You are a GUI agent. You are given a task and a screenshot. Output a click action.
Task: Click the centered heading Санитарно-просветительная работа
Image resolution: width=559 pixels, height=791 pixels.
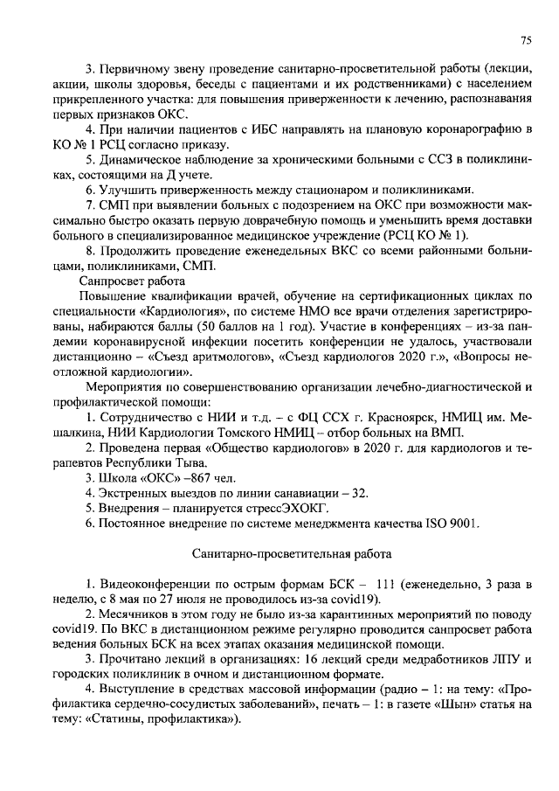coord(292,553)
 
